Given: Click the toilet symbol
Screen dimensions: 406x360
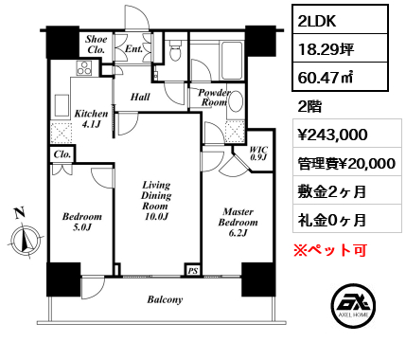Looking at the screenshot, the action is coord(174,49).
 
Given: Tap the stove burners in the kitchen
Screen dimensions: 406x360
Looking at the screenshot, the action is coord(84,68).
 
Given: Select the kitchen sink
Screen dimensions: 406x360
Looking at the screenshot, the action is coord(62,106).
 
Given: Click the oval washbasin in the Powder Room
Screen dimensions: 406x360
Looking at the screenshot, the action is coord(236,101).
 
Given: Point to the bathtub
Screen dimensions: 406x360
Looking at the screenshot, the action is coord(233,60).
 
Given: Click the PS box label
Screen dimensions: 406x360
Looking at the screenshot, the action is coord(193,270).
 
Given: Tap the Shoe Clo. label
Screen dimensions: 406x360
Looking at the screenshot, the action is coord(96,45).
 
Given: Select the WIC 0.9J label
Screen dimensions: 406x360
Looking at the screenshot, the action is coord(258,153).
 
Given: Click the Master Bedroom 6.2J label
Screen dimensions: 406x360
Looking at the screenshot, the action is coord(238,222).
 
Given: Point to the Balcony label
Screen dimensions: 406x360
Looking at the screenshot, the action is coord(165,299).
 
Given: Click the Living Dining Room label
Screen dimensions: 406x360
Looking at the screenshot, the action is coord(156,200).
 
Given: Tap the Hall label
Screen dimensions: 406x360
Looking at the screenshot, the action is coord(140,97).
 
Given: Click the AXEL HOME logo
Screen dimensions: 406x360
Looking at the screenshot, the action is coord(353,305).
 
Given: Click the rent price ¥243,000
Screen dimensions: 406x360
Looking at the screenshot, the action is coord(332,135).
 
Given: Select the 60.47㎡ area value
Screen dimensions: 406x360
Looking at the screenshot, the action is coord(325,78).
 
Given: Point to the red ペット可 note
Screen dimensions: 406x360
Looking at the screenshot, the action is coord(330,250).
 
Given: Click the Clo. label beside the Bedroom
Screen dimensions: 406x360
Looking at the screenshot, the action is coord(62,154).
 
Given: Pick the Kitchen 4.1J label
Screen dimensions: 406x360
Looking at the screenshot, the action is coord(91,118).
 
